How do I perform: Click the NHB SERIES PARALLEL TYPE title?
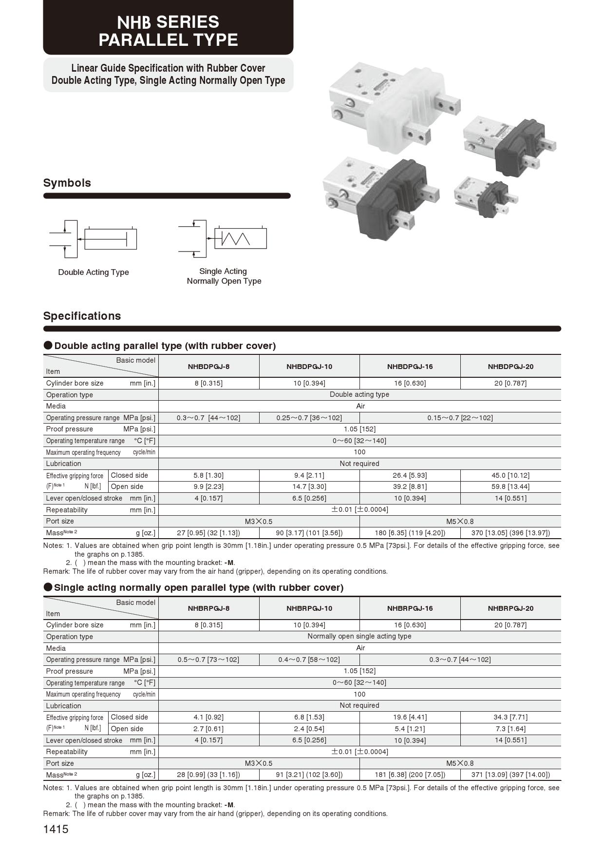click(x=168, y=31)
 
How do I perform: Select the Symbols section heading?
click(x=67, y=183)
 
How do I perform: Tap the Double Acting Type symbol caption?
click(x=94, y=272)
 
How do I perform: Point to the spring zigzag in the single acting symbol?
click(x=236, y=238)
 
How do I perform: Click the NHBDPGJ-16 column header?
click(x=410, y=367)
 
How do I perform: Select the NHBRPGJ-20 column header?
click(x=510, y=608)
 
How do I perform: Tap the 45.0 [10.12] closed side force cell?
click(x=510, y=475)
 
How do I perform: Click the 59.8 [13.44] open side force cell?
click(x=510, y=486)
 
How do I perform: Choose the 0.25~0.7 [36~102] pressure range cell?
click(x=309, y=418)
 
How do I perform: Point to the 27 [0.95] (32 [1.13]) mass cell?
click(x=208, y=533)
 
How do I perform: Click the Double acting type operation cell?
click(x=359, y=394)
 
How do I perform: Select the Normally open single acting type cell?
click(x=359, y=636)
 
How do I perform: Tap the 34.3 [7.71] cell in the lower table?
click(x=510, y=717)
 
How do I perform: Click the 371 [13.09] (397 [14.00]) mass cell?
click(x=510, y=775)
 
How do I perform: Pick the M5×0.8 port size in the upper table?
click(x=460, y=521)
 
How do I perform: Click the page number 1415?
click(x=56, y=829)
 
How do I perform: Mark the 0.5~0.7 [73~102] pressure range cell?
click(x=208, y=660)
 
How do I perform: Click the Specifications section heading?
click(x=82, y=316)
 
